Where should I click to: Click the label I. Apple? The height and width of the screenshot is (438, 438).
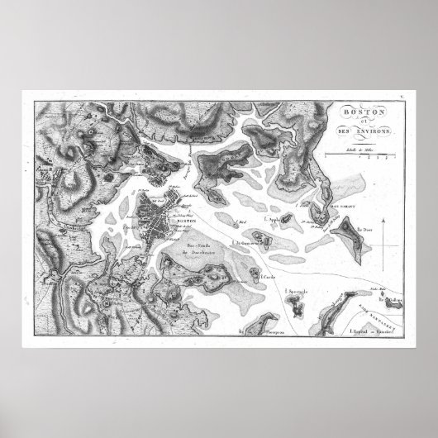272,220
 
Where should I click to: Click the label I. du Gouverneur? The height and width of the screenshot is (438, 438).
248,242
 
